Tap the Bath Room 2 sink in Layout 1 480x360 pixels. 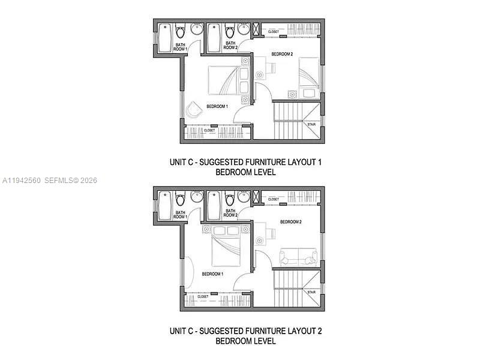[x=244, y=29]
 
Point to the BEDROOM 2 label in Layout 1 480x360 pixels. [x=282, y=54]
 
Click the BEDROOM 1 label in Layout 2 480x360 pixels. [x=212, y=274]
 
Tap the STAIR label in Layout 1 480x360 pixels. [x=311, y=125]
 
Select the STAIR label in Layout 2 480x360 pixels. [x=311, y=292]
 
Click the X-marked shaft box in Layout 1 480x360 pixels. [x=257, y=29]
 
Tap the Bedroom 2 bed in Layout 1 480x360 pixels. [x=309, y=78]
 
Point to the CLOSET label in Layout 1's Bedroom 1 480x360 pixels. [x=209, y=130]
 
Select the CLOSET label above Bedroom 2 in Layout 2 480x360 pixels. [x=274, y=199]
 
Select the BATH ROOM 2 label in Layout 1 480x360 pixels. [x=230, y=45]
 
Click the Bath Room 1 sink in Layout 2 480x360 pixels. [x=196, y=196]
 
